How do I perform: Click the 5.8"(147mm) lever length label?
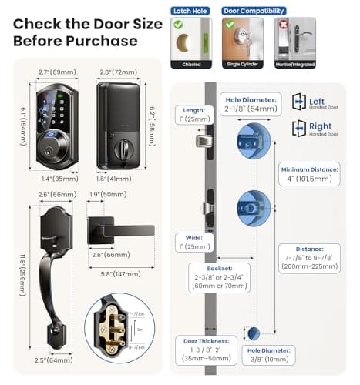pyautogui.click(x=113, y=273)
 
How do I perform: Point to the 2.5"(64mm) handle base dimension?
pyautogui.click(x=52, y=359)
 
